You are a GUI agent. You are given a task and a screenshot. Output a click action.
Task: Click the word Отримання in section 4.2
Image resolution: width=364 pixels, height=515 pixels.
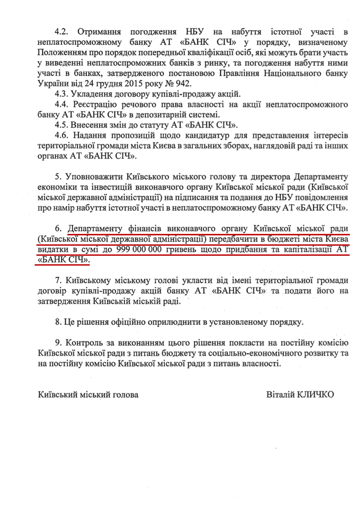[x=99, y=32]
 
